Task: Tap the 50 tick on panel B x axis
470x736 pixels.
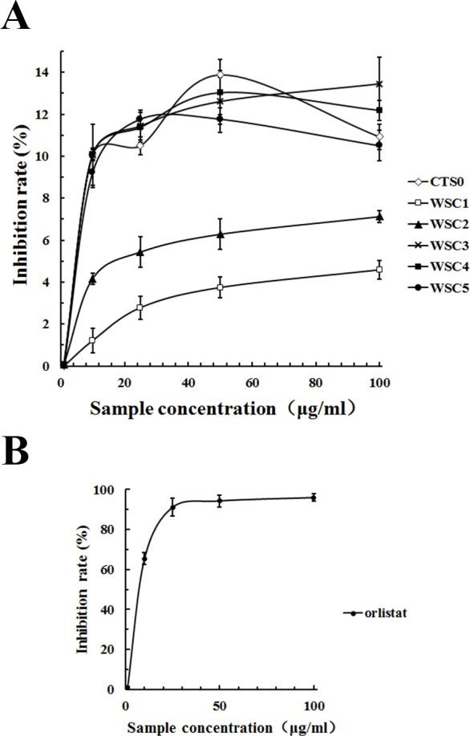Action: pyautogui.click(x=220, y=705)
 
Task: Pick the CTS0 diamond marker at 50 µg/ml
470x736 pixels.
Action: pyautogui.click(x=220, y=75)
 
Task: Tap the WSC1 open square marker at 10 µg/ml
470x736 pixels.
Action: pyautogui.click(x=93, y=340)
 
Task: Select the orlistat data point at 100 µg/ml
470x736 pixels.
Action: pyautogui.click(x=314, y=498)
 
